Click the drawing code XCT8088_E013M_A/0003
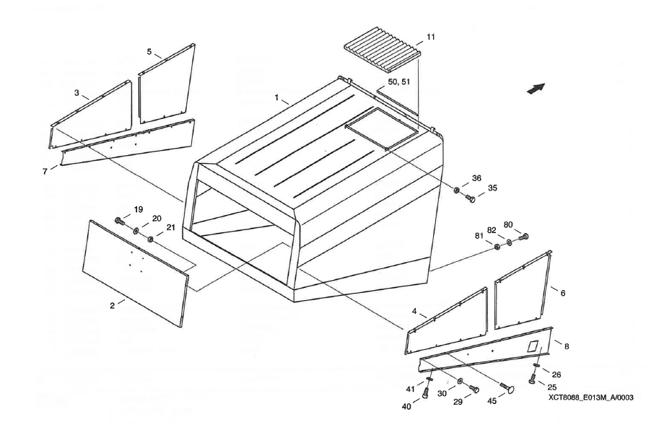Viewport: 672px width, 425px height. pyautogui.click(x=585, y=396)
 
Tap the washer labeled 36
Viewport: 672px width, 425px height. pyautogui.click(x=458, y=190)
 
